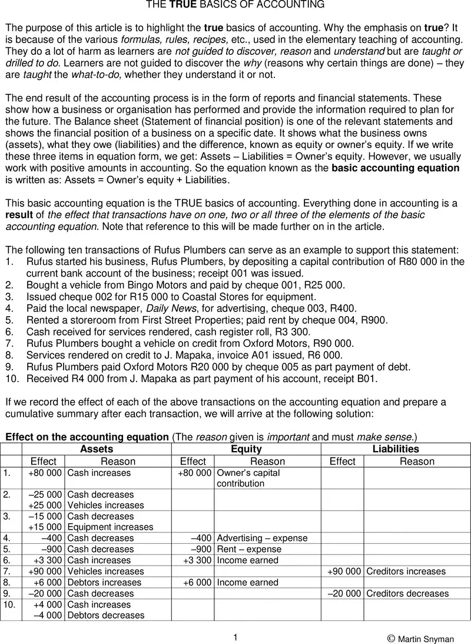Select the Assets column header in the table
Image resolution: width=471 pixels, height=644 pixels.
[x=97, y=449]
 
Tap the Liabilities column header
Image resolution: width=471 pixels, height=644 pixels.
[x=396, y=449]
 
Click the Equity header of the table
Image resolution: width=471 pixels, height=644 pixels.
[x=246, y=449]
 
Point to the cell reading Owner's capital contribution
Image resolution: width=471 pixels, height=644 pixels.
[x=248, y=478]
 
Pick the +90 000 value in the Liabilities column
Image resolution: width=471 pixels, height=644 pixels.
[x=344, y=571]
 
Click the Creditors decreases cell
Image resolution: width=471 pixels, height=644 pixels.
[x=407, y=593]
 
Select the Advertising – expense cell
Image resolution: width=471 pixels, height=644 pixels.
[x=262, y=538]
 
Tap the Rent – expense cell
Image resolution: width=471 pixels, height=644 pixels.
[x=249, y=549]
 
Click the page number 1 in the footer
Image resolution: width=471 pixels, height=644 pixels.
[x=235, y=637]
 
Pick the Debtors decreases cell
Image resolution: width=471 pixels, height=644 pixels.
[x=105, y=615]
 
